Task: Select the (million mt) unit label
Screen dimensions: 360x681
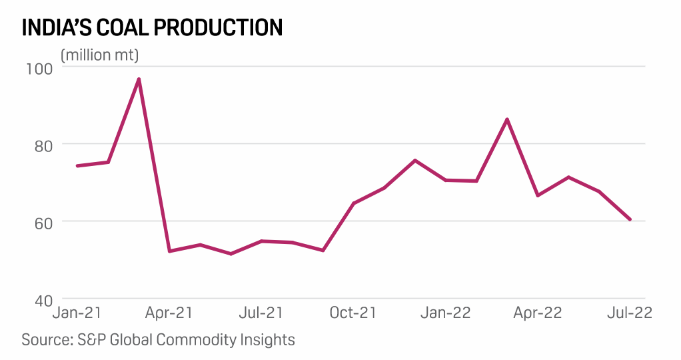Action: [x=100, y=55]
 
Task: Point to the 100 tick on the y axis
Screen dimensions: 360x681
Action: [x=39, y=68]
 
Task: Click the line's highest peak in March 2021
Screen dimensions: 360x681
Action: [x=139, y=79]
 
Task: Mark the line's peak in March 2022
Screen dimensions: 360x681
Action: [x=507, y=119]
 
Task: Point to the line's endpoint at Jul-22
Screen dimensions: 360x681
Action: [x=630, y=219]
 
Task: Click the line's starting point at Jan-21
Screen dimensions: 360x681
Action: [x=77, y=165]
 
